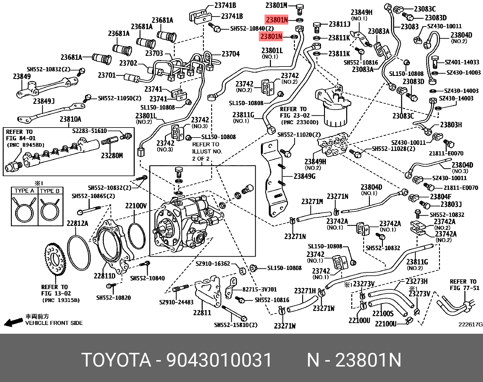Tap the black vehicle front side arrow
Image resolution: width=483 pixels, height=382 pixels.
pos(13,322)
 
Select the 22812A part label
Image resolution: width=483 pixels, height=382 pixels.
pos(77,223)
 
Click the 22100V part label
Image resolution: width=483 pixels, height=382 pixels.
pos(136,206)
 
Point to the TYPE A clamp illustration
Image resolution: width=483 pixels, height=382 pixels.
pos(25,209)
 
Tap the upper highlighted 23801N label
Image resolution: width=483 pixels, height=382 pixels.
pos(276,20)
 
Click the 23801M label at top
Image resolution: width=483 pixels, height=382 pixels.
pos(276,5)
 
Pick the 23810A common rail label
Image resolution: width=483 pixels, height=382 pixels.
pos(70,119)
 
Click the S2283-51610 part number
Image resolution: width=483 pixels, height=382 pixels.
pos(90,131)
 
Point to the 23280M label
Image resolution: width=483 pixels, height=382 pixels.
pos(112,156)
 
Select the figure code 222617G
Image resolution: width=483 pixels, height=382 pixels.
pos(470,324)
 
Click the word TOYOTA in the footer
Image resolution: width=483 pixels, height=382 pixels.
pos(116,360)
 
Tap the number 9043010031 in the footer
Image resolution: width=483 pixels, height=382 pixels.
pos(219,360)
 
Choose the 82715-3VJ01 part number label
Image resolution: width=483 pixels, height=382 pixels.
pos(259,289)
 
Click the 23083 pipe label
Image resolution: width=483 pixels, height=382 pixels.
pos(410,27)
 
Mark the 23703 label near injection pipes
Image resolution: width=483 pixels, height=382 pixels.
pos(154,53)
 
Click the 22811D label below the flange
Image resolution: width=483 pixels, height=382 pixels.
pos(104,276)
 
